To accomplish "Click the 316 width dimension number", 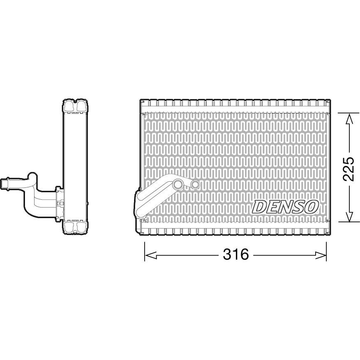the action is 236,254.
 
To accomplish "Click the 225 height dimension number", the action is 348,169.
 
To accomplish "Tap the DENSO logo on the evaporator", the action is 285,206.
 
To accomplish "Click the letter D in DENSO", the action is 259,206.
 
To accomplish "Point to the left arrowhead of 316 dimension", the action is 150,255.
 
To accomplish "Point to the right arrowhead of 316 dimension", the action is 321,255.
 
